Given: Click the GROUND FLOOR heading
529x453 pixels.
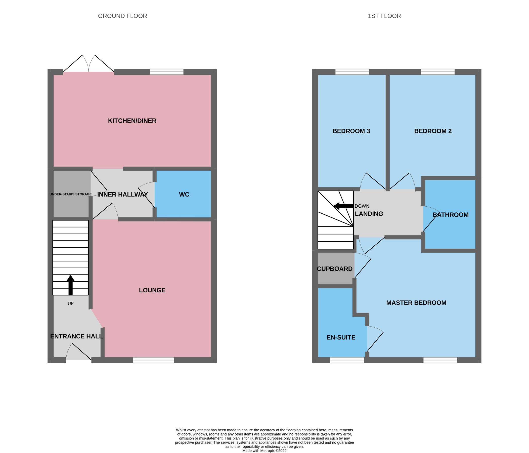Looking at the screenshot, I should pos(122,16).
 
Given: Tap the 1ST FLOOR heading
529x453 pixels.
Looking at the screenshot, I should pos(384,16).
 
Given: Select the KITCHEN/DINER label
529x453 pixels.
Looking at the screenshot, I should pos(132,121).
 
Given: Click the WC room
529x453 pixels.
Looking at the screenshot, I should pos(184,195).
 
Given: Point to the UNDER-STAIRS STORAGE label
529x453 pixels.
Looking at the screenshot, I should pos(70,194).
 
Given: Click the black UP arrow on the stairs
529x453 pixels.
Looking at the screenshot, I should pos(70,285).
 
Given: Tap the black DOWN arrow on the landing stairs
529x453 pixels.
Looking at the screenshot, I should pos(343,206).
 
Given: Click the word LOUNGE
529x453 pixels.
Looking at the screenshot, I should pos(152,290).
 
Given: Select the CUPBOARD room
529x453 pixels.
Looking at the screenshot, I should pos(334,269).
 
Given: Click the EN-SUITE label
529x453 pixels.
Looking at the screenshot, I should pos(341,337).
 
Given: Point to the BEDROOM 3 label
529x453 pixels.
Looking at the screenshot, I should pos(351,131).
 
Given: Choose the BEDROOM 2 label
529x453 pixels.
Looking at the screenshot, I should pos(433,131).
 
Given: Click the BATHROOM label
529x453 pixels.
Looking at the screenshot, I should pos(450,215).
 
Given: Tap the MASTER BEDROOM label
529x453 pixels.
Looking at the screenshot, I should pos(416,303).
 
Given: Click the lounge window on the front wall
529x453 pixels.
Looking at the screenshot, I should pos(153,360).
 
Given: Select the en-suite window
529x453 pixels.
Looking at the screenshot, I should pos(347,360).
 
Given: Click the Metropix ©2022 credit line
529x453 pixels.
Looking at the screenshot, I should pos(264,451).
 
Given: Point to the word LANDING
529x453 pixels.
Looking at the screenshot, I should pos(369,214).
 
